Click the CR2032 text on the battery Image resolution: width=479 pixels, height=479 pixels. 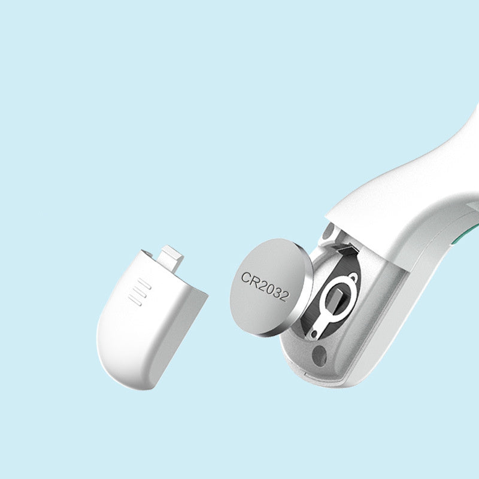pyautogui.click(x=265, y=286)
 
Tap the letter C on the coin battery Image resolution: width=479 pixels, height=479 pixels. pyautogui.click(x=245, y=277)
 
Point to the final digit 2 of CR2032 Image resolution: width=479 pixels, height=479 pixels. pyautogui.click(x=284, y=296)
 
